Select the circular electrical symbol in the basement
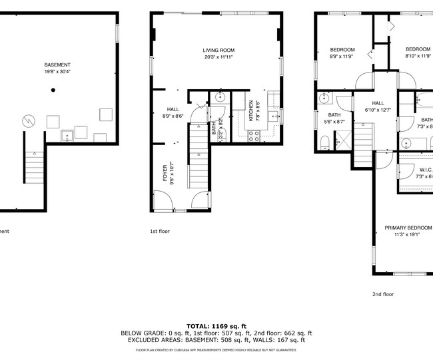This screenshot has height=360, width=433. (29, 121)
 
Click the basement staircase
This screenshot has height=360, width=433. (35, 167)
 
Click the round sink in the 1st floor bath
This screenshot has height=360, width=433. (220, 98)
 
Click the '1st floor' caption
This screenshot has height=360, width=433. (160, 232)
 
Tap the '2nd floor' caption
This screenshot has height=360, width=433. (383, 293)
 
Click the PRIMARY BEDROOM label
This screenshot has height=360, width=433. (408, 228)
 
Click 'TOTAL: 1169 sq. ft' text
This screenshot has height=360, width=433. (216, 325)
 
